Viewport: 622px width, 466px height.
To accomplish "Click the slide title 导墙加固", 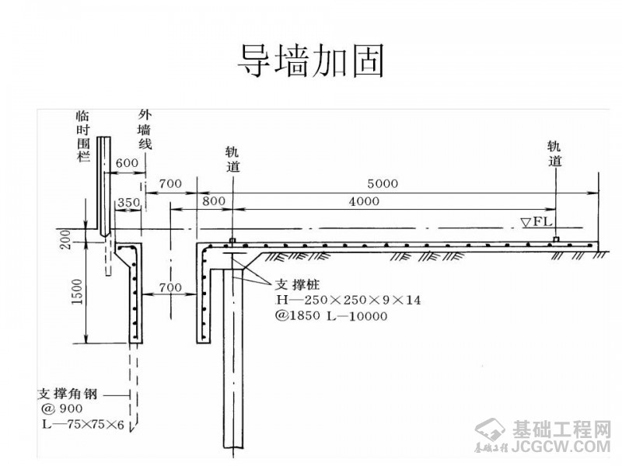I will click(311, 60).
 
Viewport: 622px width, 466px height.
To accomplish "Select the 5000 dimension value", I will click(383, 184).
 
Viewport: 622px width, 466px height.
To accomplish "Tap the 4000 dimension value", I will click(365, 201).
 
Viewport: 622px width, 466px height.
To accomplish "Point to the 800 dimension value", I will click(213, 201).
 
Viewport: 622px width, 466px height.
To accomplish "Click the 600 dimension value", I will click(126, 164).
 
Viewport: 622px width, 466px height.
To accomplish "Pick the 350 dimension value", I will click(128, 203).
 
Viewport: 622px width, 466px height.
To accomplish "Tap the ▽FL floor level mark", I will click(536, 222).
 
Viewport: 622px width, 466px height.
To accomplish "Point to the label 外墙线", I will click(145, 128).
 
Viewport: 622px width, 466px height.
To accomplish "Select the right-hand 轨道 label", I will click(555, 153).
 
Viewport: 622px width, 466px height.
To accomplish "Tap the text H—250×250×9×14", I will click(348, 300).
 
